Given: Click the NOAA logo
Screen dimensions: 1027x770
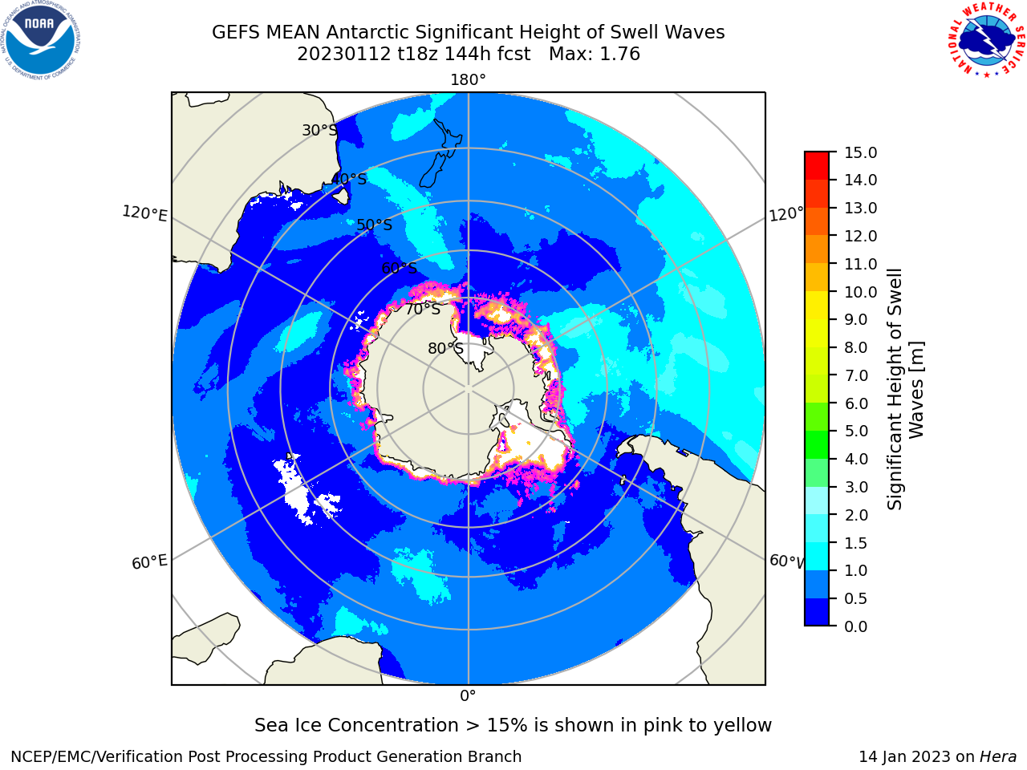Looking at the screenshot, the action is pyautogui.click(x=41, y=40).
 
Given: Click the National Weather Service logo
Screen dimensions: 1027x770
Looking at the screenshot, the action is pyautogui.click(x=987, y=40).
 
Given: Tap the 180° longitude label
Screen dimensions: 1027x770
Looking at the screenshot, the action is pyautogui.click(x=468, y=80).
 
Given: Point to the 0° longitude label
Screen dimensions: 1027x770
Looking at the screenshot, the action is pyautogui.click(x=468, y=696).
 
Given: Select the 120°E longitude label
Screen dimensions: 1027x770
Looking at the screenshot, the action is pyautogui.click(x=144, y=213).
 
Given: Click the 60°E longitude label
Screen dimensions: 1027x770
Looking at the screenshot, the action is pyautogui.click(x=149, y=561).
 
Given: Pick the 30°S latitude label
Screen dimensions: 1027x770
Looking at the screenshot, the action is pyautogui.click(x=319, y=130).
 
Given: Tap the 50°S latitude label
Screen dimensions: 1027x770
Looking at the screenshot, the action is pyautogui.click(x=375, y=225).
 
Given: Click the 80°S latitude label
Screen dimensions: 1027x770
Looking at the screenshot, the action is pyautogui.click(x=445, y=348).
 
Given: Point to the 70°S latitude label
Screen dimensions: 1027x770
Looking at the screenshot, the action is pyautogui.click(x=423, y=309).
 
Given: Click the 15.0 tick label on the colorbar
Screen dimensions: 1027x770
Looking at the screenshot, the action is pyautogui.click(x=860, y=152).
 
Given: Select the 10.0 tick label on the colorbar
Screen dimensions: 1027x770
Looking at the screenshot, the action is pyautogui.click(x=860, y=292).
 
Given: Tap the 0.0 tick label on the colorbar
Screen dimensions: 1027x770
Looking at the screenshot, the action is pyautogui.click(x=856, y=626).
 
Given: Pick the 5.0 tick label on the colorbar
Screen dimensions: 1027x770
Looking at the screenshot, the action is pyautogui.click(x=856, y=431).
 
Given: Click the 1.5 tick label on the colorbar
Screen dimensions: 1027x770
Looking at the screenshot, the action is pyautogui.click(x=856, y=543).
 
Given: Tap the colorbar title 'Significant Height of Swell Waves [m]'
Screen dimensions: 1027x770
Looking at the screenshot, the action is pyautogui.click(x=905, y=389).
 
